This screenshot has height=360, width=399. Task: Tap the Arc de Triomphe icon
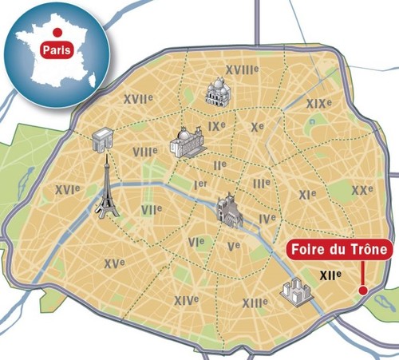[x=103, y=141]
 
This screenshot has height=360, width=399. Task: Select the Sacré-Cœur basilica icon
[x=217, y=93]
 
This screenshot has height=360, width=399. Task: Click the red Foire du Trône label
[x=339, y=251]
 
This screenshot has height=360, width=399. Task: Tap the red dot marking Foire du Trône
[x=363, y=291]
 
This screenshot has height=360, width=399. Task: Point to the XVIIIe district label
[x=242, y=70]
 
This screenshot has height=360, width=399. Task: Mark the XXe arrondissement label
[x=361, y=190]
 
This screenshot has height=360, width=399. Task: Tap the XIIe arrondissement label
[x=330, y=275]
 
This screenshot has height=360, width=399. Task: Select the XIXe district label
[x=318, y=104]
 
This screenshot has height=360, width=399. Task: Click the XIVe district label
[x=186, y=300]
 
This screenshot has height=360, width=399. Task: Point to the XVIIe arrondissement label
[x=138, y=99]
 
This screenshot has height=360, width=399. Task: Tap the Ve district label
[x=234, y=247]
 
